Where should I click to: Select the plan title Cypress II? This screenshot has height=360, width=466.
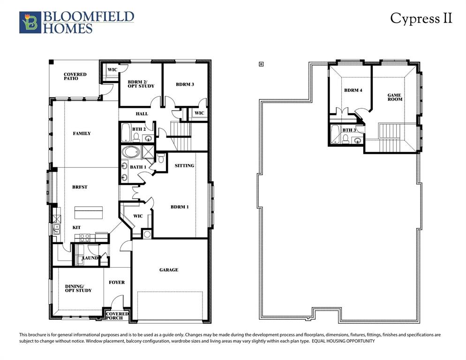click(x=421, y=18)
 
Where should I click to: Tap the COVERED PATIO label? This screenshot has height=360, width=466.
click(x=75, y=76)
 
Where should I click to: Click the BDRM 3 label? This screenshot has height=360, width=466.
click(x=185, y=84)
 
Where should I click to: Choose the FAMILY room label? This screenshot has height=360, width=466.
click(x=82, y=134)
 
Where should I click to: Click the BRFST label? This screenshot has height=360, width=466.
click(x=80, y=187)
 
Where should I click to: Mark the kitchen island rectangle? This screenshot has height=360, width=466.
click(x=89, y=211)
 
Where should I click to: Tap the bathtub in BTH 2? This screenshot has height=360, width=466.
click(x=126, y=133)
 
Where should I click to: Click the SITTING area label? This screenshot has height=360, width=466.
click(x=184, y=166)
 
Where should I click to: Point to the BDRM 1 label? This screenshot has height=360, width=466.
click(x=179, y=207)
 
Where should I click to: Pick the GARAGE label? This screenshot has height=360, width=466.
click(x=168, y=270)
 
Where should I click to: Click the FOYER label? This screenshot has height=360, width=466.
click(x=117, y=282)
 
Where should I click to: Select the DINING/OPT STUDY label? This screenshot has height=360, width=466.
click(x=78, y=288)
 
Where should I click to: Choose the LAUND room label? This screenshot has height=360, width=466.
click(x=90, y=258)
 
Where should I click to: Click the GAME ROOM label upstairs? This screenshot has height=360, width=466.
click(x=395, y=97)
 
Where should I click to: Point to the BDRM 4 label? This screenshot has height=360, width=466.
click(x=353, y=90)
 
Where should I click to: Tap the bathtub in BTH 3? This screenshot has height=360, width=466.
click(x=336, y=135)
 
